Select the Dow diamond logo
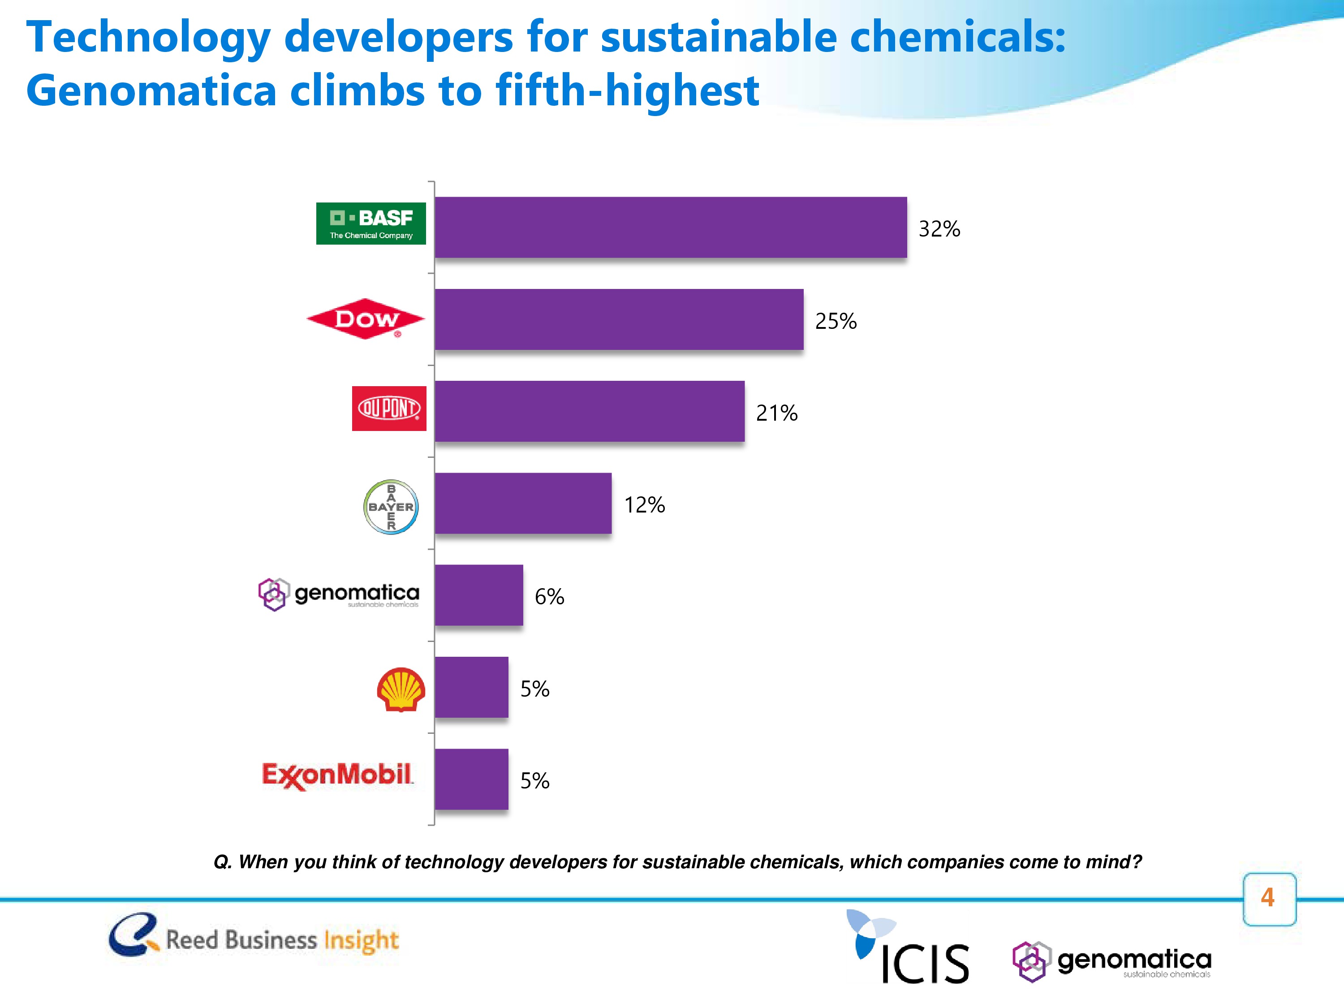(x=366, y=319)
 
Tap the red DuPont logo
(x=389, y=408)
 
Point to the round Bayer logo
(x=391, y=507)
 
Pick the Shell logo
(x=401, y=689)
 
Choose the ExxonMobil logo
(x=337, y=776)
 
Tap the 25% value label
(x=836, y=321)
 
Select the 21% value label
(x=776, y=413)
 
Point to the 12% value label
(x=644, y=505)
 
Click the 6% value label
(x=549, y=597)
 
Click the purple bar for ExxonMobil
(x=471, y=779)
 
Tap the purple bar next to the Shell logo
(x=471, y=687)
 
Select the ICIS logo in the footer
(x=909, y=948)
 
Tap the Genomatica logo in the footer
(x=1112, y=962)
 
